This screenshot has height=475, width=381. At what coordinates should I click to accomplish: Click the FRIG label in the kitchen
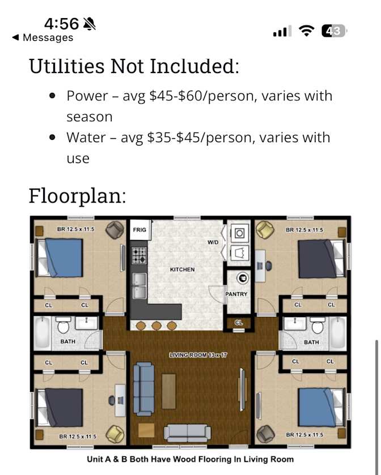[x=139, y=230]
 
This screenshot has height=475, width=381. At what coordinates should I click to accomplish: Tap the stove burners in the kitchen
[x=139, y=255]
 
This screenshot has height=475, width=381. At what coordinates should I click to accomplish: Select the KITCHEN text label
[x=183, y=269]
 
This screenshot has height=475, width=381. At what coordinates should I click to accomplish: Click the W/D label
[x=213, y=242]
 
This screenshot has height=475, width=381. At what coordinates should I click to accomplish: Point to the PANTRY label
[x=236, y=294]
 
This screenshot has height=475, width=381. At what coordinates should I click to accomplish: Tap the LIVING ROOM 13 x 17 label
[x=198, y=355]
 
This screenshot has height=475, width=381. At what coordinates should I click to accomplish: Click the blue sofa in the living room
[x=144, y=389]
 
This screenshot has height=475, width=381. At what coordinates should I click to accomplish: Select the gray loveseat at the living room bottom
[x=187, y=433]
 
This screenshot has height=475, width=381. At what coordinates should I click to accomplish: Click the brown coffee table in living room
[x=168, y=391]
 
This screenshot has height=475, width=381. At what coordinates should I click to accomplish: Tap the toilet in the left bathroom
[x=63, y=324]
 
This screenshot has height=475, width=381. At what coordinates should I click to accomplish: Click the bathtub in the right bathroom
[x=337, y=333]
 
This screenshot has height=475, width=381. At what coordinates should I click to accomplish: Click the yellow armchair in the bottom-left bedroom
[x=115, y=434]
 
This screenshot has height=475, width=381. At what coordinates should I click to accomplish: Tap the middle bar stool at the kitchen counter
[x=156, y=326]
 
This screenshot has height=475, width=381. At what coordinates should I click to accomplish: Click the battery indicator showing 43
[x=334, y=31]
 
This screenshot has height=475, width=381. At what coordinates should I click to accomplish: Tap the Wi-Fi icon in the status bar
[x=306, y=31]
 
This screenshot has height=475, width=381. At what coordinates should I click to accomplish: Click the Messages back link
[x=43, y=37]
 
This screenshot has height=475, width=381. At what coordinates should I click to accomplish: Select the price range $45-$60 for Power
[x=175, y=96]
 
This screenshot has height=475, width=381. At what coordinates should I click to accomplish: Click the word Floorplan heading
[x=77, y=196]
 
